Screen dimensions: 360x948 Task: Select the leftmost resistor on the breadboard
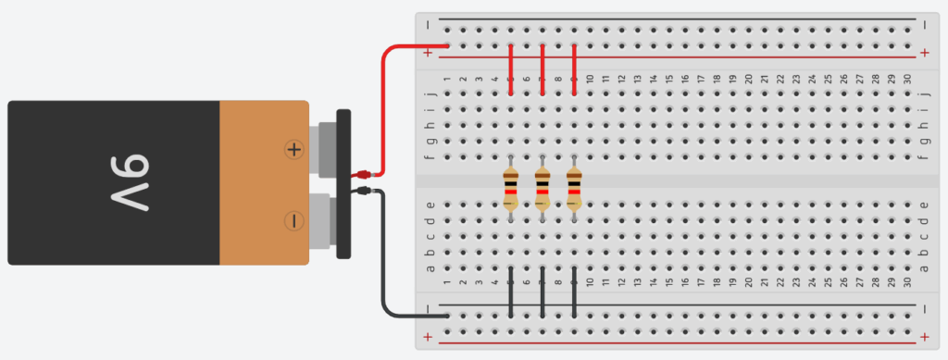(x=511, y=189)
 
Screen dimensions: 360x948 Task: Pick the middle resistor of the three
(x=543, y=189)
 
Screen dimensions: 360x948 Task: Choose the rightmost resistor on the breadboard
(x=574, y=189)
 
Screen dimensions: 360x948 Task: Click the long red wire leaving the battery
(x=384, y=111)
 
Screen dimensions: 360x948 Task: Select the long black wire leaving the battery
(x=383, y=259)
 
